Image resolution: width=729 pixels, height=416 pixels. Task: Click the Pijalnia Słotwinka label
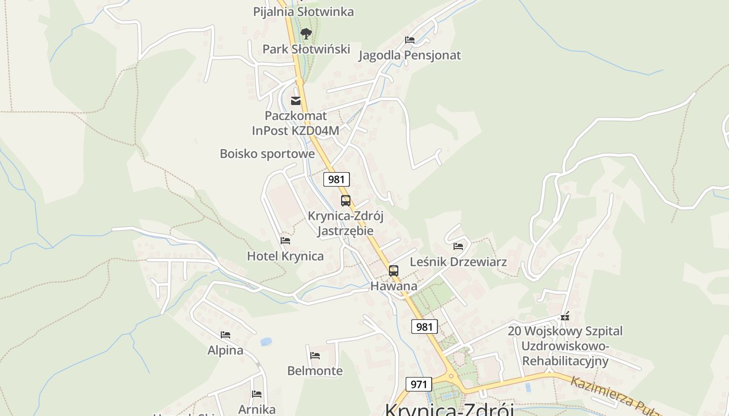tap(303, 11)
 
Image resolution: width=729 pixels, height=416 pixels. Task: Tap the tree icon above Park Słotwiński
tap(306, 34)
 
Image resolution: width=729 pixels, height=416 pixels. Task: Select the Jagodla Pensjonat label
tap(409, 55)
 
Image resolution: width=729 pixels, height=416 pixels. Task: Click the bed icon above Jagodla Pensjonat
tap(410, 40)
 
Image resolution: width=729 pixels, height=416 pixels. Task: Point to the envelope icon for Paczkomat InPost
tap(296, 100)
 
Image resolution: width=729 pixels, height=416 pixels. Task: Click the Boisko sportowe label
tap(267, 154)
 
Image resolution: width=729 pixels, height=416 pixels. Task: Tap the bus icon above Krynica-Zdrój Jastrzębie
tap(346, 201)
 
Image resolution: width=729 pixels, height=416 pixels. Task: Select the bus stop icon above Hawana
tap(394, 271)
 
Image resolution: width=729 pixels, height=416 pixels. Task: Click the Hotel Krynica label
tap(285, 256)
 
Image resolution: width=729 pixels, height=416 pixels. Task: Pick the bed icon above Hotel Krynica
tap(285, 241)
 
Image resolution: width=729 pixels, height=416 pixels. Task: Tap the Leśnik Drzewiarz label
tap(458, 262)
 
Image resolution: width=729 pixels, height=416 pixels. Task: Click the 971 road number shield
tap(419, 385)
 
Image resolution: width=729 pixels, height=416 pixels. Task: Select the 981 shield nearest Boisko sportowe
tap(336, 179)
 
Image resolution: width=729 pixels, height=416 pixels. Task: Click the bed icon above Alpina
tap(225, 335)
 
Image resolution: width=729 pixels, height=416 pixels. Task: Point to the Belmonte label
tap(315, 371)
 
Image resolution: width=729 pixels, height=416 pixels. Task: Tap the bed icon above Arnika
tap(257, 394)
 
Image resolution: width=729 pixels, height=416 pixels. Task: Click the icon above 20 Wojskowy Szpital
tap(565, 316)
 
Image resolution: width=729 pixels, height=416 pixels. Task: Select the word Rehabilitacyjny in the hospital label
tap(565, 361)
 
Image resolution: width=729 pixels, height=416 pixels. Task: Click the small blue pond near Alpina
tap(266, 342)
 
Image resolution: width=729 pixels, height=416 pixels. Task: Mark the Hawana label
tap(394, 286)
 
